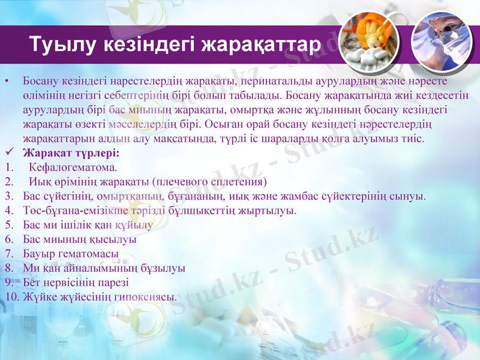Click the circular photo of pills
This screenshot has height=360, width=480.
368,42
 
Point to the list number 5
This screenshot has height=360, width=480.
8,224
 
